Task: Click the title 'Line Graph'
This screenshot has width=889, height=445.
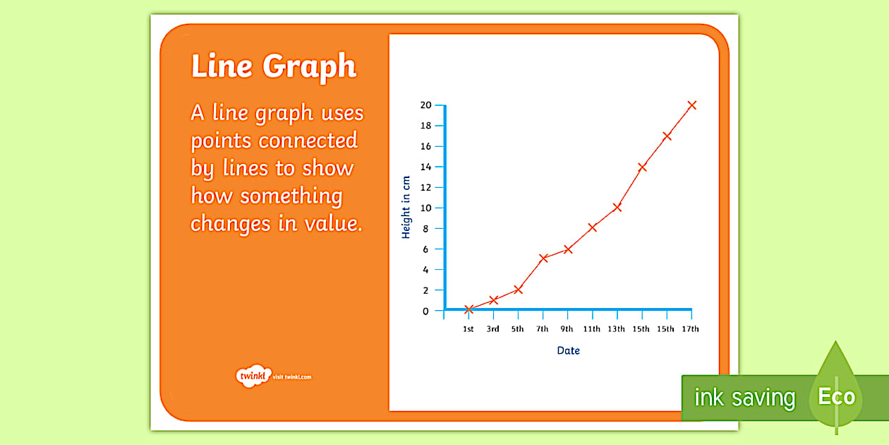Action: [x=274, y=66]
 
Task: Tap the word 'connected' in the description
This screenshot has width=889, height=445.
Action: [x=308, y=141]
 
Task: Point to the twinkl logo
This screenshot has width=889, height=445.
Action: [x=252, y=376]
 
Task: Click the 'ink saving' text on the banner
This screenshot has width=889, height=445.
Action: [x=744, y=398]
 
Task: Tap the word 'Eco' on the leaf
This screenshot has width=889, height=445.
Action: [x=836, y=397]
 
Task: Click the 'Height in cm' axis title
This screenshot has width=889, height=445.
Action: [x=406, y=207]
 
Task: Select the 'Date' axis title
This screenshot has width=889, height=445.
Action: [x=568, y=350]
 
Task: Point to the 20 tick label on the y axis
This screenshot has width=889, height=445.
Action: [x=425, y=105]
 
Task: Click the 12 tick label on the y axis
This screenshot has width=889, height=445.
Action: [x=425, y=187]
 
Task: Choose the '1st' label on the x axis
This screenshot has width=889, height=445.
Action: [x=468, y=329]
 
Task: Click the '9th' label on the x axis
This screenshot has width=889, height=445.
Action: [x=567, y=329]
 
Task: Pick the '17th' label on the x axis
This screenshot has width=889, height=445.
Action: [x=691, y=329]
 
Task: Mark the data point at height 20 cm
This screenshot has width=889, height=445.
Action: [x=691, y=105]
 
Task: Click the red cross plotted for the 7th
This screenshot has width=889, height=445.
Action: [x=543, y=258]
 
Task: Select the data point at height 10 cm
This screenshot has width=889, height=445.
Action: [x=617, y=207]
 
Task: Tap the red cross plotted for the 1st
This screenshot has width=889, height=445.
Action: [x=468, y=309]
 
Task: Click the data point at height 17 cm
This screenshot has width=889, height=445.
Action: [x=667, y=136]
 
